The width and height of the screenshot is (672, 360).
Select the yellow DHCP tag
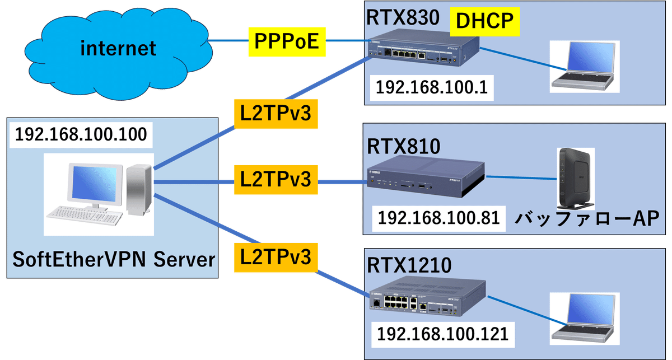486,21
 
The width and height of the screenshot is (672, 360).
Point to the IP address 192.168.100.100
81,135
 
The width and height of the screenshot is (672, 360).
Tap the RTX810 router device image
425,178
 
